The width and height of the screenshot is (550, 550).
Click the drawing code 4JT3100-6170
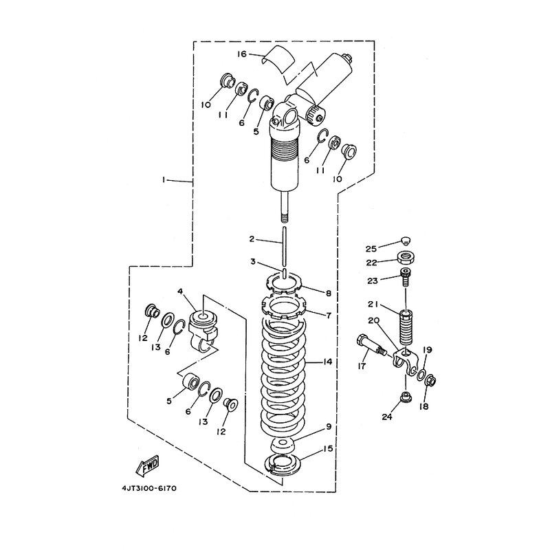[149, 488]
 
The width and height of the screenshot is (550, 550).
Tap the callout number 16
[242, 54]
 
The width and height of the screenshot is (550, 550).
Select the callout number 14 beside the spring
[327, 362]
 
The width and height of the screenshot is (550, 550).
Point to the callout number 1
[164, 179]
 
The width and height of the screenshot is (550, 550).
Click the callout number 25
[371, 249]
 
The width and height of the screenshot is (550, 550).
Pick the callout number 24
[387, 417]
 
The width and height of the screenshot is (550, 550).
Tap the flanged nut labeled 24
[406, 398]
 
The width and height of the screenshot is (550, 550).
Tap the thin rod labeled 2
[284, 246]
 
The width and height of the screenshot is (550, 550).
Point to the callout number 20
[374, 320]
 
